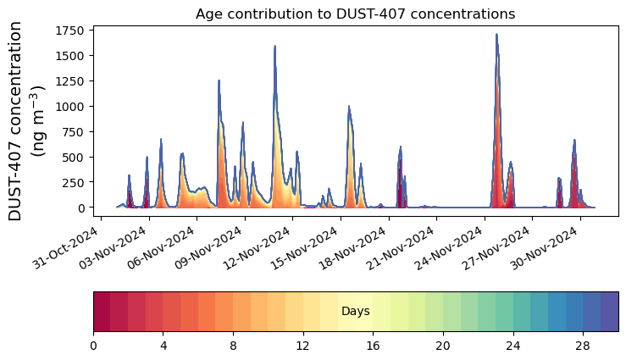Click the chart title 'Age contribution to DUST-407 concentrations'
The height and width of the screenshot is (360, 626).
355,14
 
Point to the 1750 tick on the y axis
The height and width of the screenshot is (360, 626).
71,31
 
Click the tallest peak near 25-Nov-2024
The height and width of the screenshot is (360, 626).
496,36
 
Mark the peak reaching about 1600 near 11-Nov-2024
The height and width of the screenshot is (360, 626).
274,47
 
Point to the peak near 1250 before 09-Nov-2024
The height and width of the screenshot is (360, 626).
219,81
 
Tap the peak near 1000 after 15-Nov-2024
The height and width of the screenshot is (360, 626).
348,108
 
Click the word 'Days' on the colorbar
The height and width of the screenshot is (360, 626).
355,312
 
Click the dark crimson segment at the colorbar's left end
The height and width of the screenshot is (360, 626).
102,312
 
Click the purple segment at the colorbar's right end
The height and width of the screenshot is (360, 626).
609,312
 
